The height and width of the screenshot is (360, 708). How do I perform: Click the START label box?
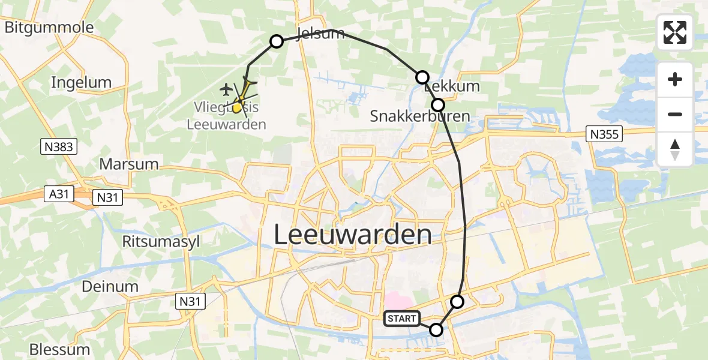tap(401, 319)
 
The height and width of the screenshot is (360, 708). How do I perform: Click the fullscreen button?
tap(675, 32)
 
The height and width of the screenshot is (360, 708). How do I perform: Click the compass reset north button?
tap(675, 149)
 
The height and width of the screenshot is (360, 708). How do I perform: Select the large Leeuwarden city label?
tap(352, 235)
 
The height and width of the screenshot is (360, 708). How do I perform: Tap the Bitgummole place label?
tap(49, 27)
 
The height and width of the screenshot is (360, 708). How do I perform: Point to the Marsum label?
tap(129, 164)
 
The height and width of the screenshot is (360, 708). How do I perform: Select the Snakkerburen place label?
tap(419, 116)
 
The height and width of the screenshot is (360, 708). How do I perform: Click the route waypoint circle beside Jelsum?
tap(277, 41)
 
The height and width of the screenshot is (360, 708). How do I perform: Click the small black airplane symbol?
tap(226, 89)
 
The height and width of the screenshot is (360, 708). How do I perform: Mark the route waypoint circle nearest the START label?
tap(436, 329)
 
